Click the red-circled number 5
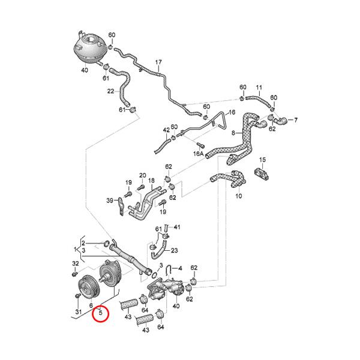tap(101, 312)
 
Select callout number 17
tap(158, 62)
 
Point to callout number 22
tap(110, 91)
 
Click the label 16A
tap(198, 154)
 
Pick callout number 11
tap(259, 88)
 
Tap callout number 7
tap(295, 120)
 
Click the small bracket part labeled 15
tap(262, 169)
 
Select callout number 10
tap(238, 196)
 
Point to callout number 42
tap(166, 130)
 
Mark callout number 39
tap(110, 200)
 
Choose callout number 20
tap(142, 176)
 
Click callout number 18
tap(151, 180)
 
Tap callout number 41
tap(177, 227)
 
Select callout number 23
tap(175, 251)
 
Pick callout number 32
tap(75, 263)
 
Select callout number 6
tap(91, 305)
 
